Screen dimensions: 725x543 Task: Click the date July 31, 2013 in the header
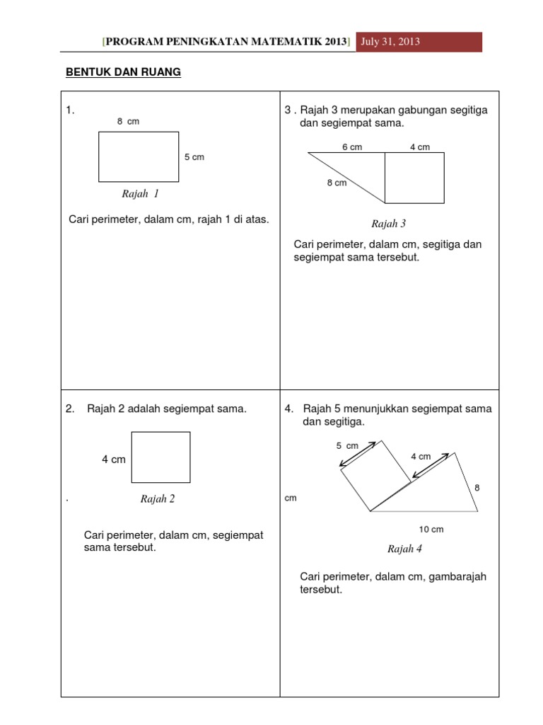pos(390,42)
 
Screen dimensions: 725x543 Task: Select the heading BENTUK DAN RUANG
pos(123,72)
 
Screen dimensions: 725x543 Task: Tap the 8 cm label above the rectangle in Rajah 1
pos(128,122)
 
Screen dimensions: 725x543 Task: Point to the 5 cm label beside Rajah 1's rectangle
pos(194,157)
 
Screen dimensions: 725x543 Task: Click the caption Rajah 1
pos(140,194)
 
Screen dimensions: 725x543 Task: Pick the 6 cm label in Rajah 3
pos(352,147)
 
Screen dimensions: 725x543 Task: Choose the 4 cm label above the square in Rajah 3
pos(419,147)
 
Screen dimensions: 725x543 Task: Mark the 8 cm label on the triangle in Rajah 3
pos(337,183)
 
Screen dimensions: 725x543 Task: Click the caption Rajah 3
pos(388,224)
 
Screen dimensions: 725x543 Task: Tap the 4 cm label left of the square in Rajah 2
pos(113,459)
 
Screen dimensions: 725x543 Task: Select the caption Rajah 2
pos(157,499)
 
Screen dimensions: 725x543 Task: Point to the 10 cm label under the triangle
pos(431,529)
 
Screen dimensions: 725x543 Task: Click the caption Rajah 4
pos(404,549)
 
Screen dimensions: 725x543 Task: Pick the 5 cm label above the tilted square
pos(347,445)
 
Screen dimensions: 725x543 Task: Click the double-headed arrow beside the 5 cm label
pos(358,455)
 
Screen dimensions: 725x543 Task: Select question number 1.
pos(70,110)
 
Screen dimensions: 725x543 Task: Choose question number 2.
pos(70,409)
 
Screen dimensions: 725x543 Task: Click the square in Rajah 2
pos(160,457)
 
